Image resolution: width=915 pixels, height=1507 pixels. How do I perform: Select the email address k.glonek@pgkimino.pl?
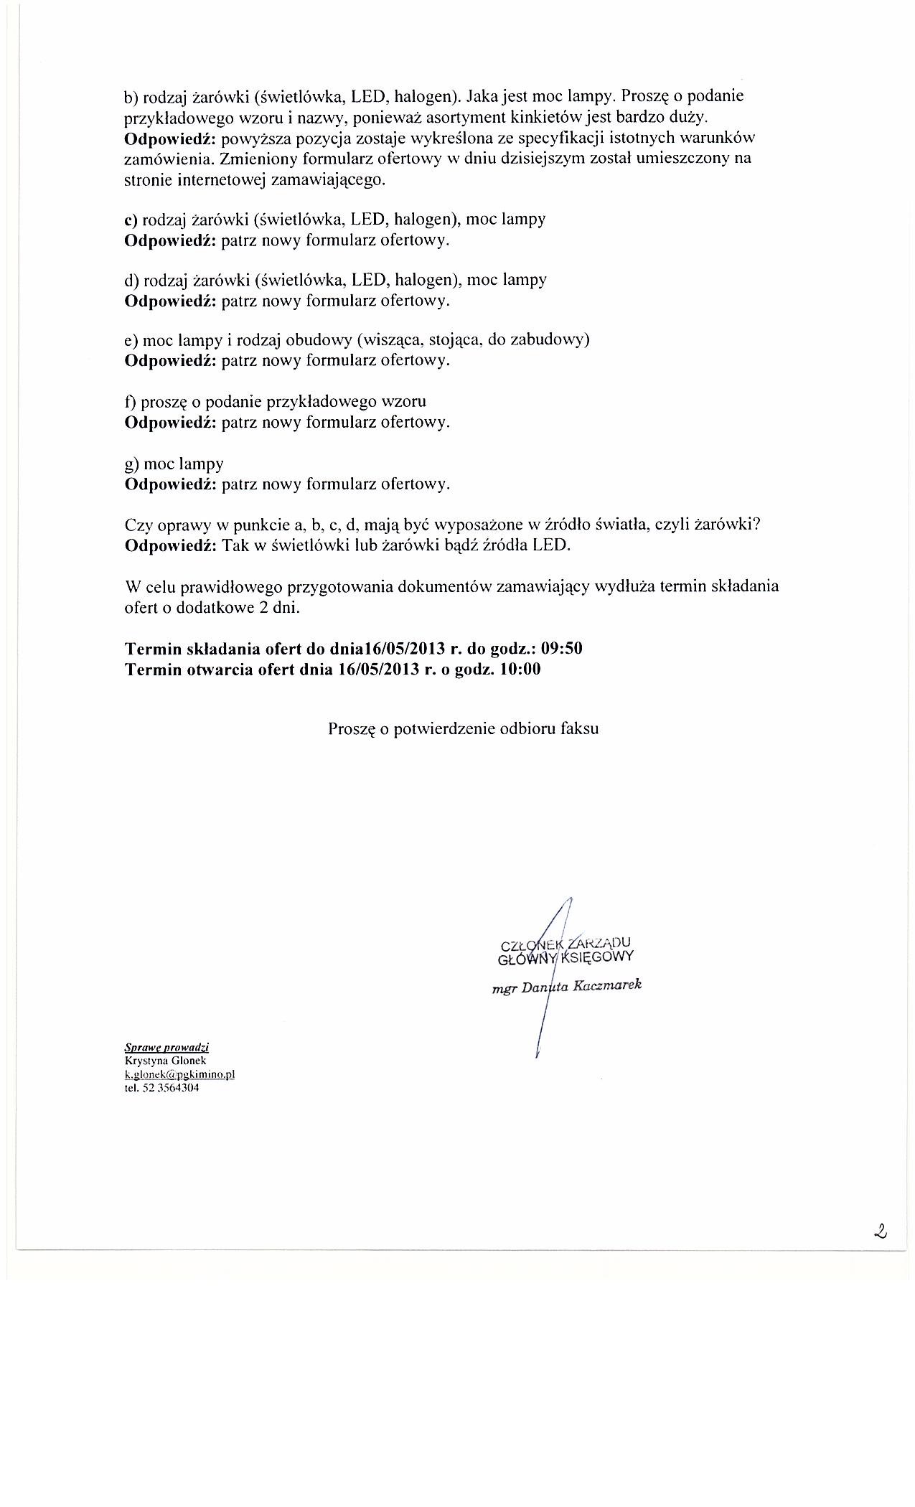point(179,1074)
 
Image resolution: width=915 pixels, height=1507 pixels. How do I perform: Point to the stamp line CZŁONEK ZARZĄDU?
point(566,943)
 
